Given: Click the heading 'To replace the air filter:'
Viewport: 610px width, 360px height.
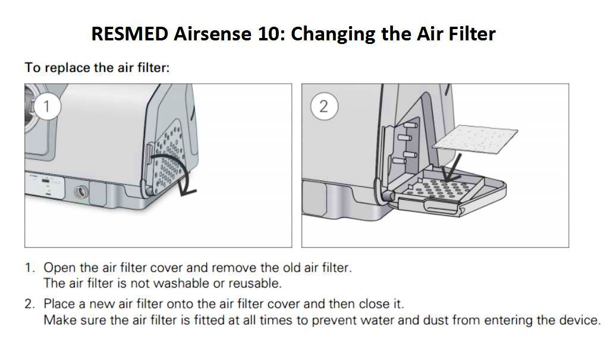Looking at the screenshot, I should pyautogui.click(x=97, y=67).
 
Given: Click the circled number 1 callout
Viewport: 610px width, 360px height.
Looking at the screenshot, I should pyautogui.click(x=48, y=106).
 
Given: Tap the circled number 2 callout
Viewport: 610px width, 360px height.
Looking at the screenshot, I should pyautogui.click(x=323, y=106).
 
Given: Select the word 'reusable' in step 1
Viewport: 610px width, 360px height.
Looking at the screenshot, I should pyautogui.click(x=256, y=283).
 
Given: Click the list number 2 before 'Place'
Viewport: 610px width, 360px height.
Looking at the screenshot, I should pyautogui.click(x=29, y=304).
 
